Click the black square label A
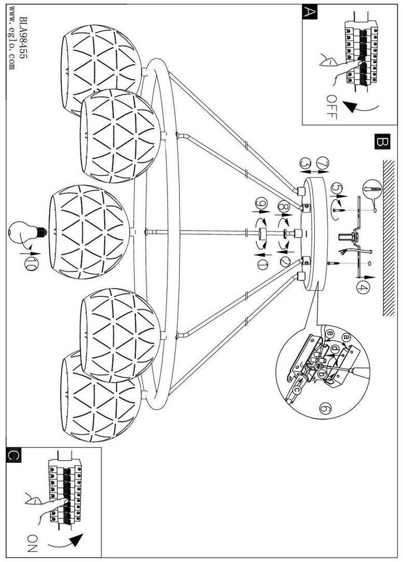tap(309, 12)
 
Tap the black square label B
tap(382, 142)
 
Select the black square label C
tap(13, 456)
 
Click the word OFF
tap(331, 107)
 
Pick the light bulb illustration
tap(27, 232)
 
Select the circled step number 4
tap(362, 288)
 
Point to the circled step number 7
tap(322, 163)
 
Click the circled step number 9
tap(260, 205)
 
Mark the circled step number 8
tap(283, 206)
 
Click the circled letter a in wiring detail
tap(345, 337)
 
